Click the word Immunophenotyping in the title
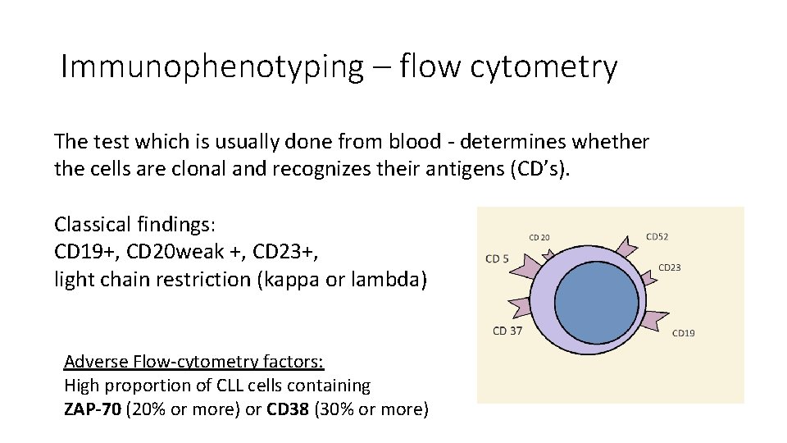pyautogui.click(x=211, y=67)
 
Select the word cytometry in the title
pyautogui.click(x=544, y=67)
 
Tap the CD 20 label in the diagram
pyautogui.click(x=539, y=238)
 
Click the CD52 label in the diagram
pyautogui.click(x=657, y=237)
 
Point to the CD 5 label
pyautogui.click(x=497, y=259)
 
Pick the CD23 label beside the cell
pyautogui.click(x=669, y=267)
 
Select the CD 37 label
pyautogui.click(x=507, y=331)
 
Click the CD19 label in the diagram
pyautogui.click(x=683, y=333)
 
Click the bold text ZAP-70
pyautogui.click(x=91, y=409)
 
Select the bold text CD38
pyautogui.click(x=288, y=409)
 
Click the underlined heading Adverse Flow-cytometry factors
pyautogui.click(x=193, y=362)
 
